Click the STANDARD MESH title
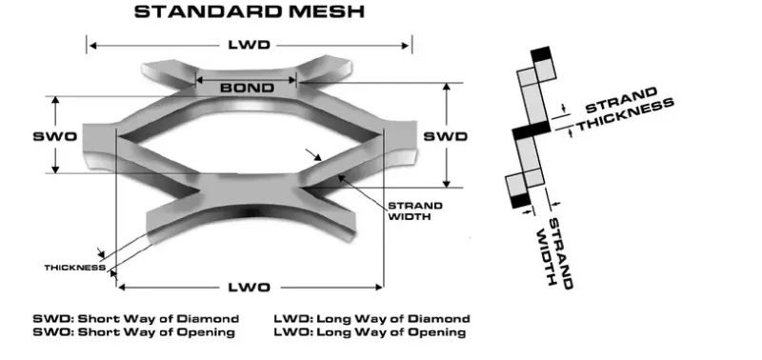[x=249, y=13]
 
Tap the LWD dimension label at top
[x=250, y=46]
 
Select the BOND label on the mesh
[x=247, y=88]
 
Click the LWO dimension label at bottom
[x=250, y=287]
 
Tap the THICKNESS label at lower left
[x=73, y=268]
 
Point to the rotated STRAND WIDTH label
[x=557, y=252]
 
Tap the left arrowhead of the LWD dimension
[x=92, y=46]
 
